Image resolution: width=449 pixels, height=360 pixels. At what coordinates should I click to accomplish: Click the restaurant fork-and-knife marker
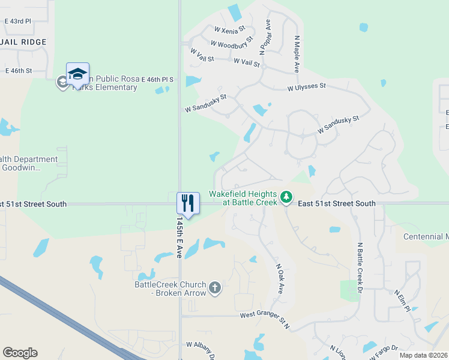tap(188, 203)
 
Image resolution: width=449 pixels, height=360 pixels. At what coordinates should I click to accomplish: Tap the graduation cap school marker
tap(77, 74)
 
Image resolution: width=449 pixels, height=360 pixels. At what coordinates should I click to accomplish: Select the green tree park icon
tap(287, 197)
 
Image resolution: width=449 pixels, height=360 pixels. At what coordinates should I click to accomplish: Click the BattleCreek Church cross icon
tap(215, 289)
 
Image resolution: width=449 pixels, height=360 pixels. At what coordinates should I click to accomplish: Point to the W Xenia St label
tap(230, 28)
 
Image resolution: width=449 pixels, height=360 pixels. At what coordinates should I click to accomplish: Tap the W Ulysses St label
tap(306, 87)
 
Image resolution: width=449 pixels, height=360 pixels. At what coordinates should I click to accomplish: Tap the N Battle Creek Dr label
tap(360, 267)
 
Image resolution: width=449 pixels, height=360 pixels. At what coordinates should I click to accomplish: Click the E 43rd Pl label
tap(17, 21)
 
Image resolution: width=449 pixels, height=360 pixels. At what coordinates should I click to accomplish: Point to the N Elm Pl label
tap(402, 300)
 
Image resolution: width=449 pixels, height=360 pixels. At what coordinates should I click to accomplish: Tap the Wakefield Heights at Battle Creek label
tap(243, 198)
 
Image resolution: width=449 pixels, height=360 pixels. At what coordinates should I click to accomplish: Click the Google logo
tap(20, 353)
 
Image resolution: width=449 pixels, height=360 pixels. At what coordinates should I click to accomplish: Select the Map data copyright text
tap(423, 355)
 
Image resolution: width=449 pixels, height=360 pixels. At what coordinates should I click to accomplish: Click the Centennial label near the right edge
tap(426, 236)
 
